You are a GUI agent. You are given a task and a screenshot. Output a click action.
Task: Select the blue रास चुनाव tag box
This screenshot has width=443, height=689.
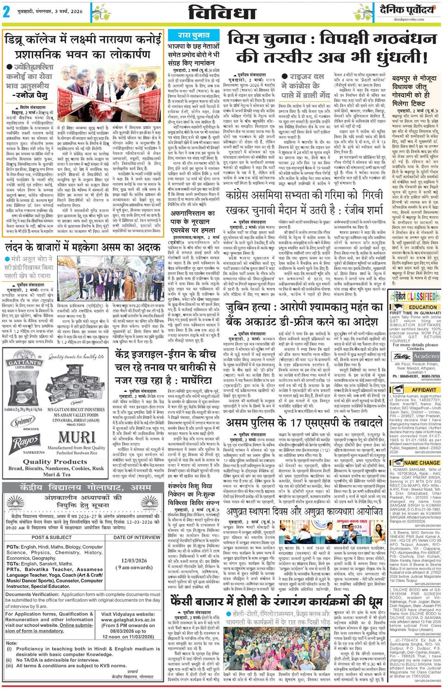(194, 35)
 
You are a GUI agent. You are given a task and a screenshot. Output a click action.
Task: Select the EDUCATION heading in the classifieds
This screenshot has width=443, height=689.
(423, 307)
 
